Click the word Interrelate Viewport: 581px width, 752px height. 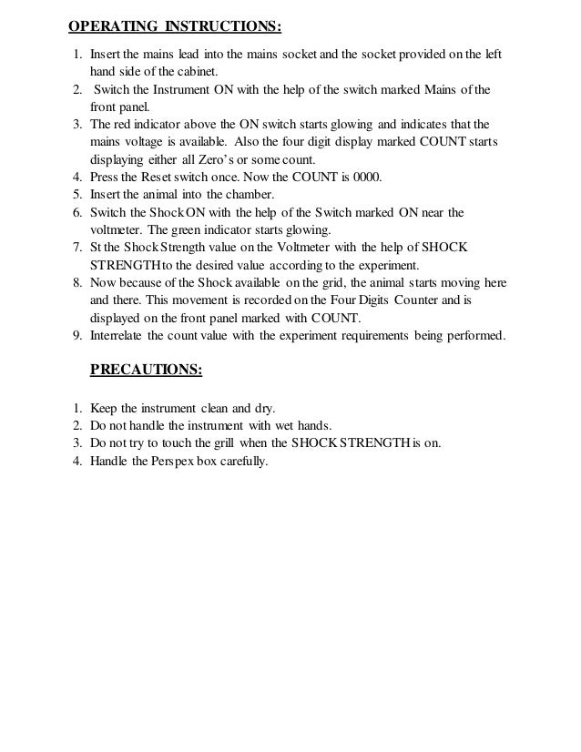[x=121, y=335]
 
